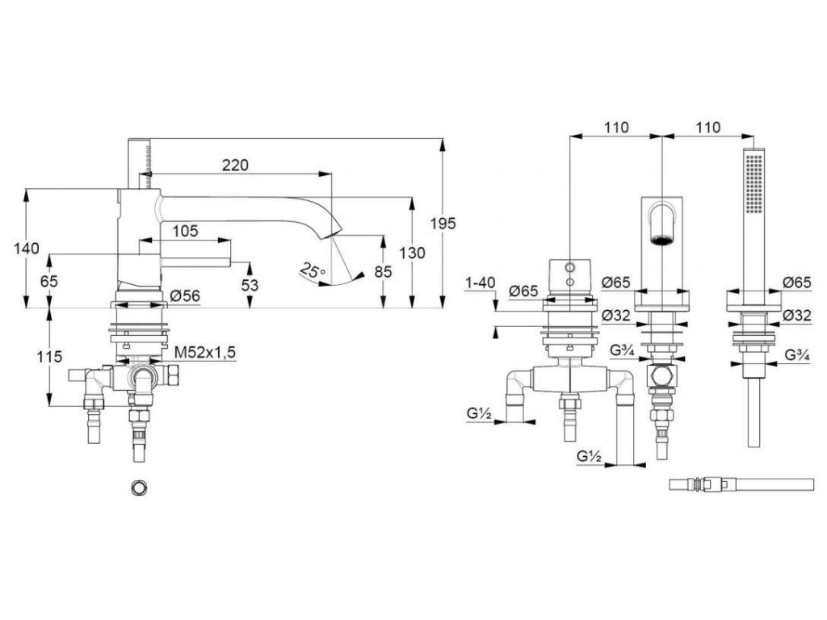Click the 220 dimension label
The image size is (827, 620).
tap(235, 165)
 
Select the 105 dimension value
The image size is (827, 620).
tap(185, 231)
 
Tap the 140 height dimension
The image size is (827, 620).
tap(27, 249)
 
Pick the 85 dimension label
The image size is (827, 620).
tap(383, 272)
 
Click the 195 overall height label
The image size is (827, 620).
tap(443, 224)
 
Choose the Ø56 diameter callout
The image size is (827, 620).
tap(186, 296)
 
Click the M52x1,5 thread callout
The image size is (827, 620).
tap(205, 352)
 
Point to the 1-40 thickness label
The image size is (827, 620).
tap(479, 283)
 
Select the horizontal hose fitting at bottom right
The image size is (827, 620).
tap(741, 485)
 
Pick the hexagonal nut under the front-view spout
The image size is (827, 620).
tap(662, 376)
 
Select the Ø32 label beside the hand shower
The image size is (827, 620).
tap(797, 315)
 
